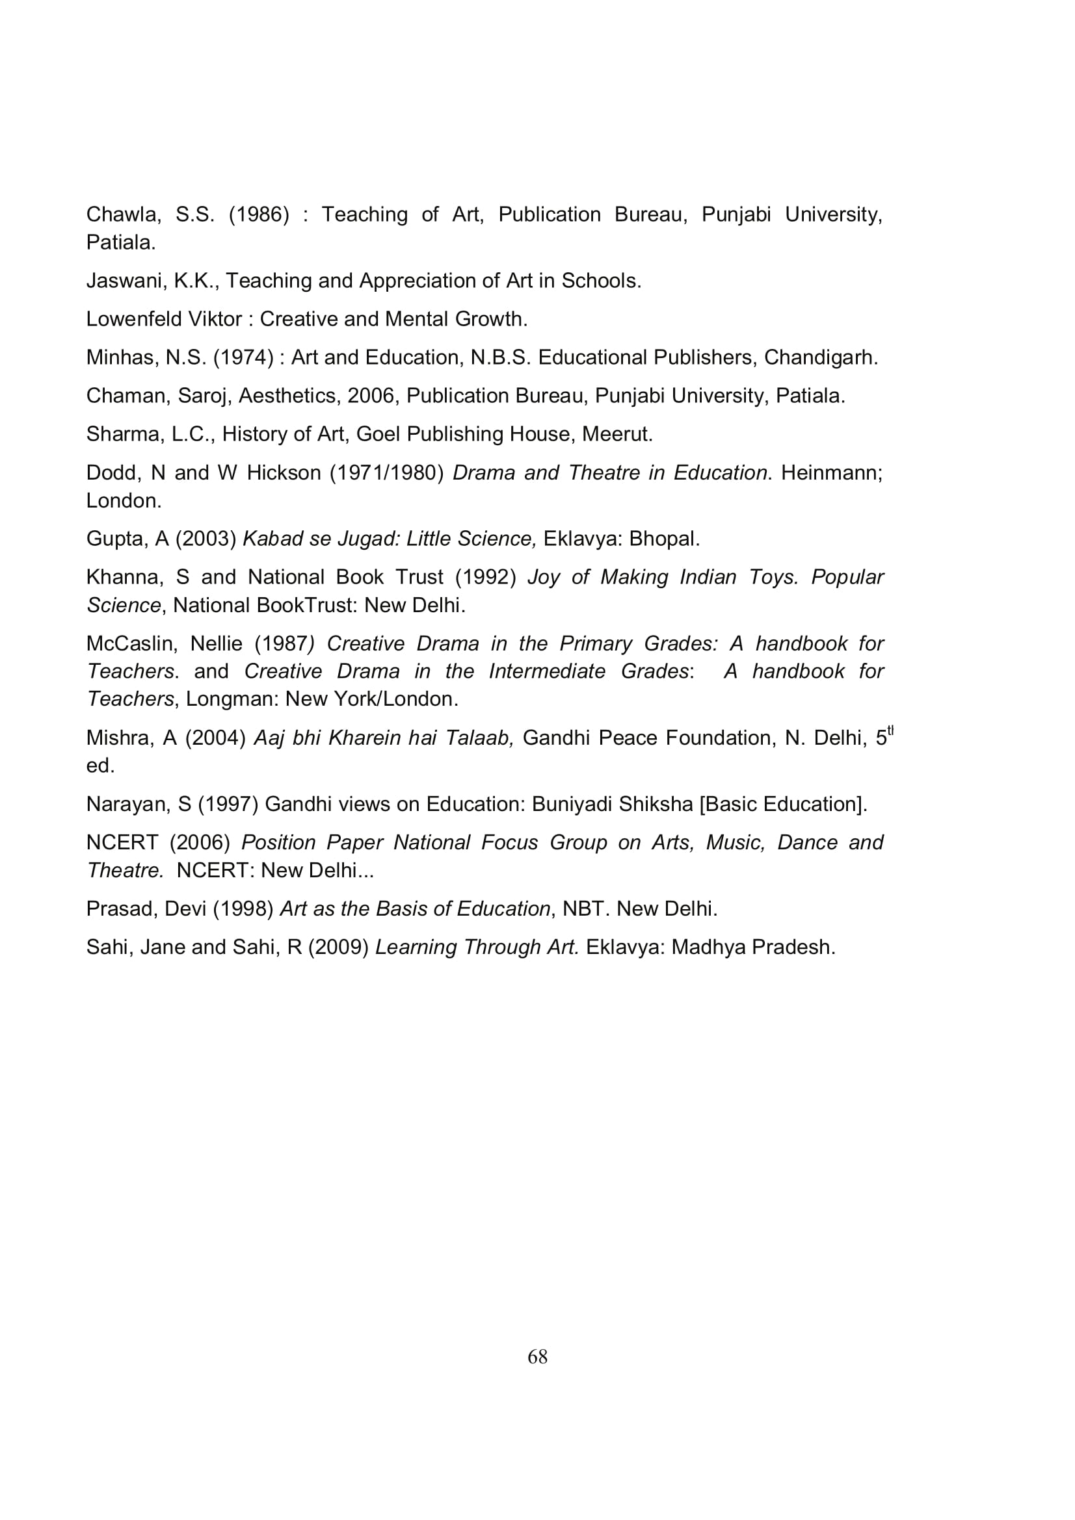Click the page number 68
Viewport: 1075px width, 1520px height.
537,1356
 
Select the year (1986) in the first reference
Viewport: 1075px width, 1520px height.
259,214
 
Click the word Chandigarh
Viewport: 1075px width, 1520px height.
820,357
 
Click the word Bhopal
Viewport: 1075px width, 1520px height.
664,539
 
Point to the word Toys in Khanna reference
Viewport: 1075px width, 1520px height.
773,577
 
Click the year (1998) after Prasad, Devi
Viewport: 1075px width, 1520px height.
243,909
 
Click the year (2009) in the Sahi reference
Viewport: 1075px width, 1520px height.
338,947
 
